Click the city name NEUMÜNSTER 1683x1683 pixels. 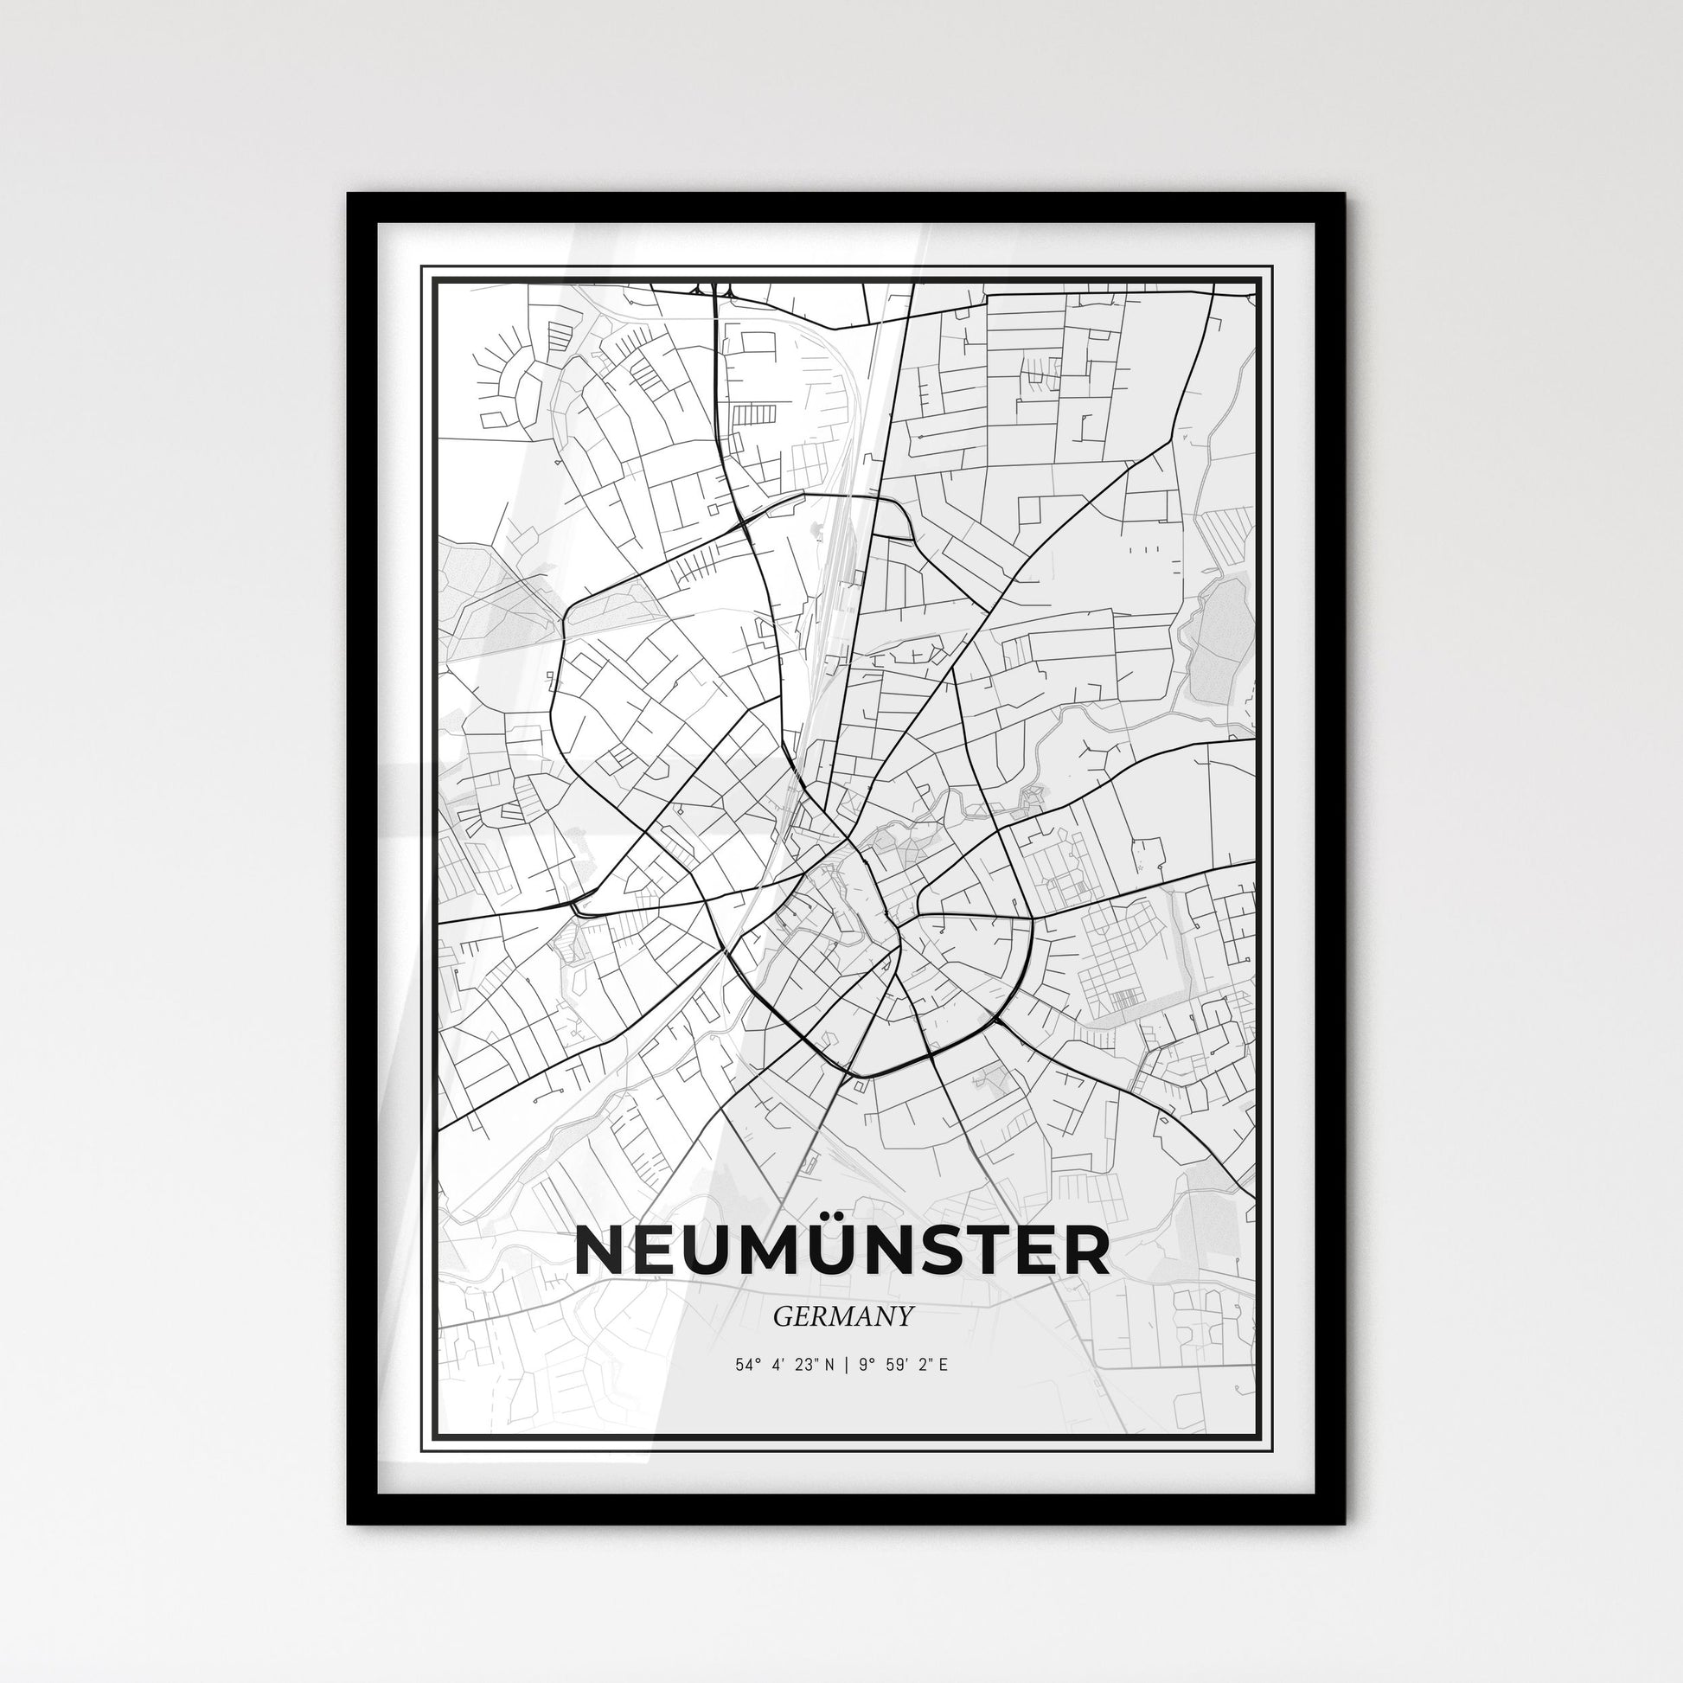(x=841, y=1251)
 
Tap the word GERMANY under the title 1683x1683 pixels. (x=842, y=1316)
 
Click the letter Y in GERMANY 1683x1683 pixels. (x=905, y=1316)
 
